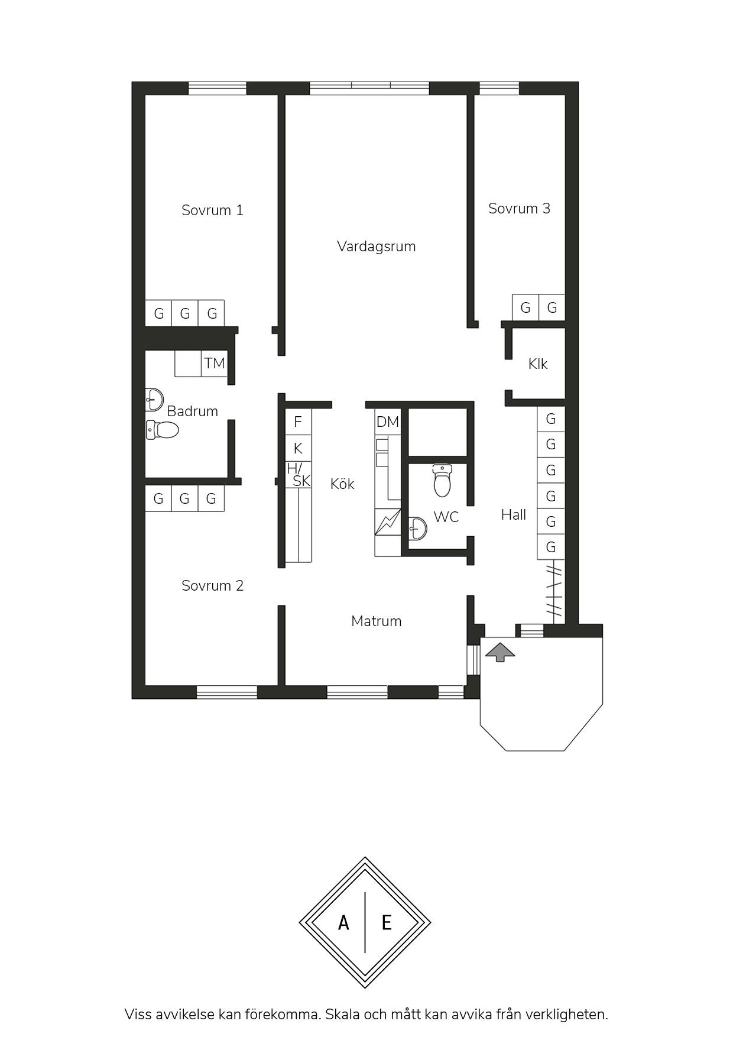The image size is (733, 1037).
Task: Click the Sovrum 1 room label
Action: pyautogui.click(x=212, y=210)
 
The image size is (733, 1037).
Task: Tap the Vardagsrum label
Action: pyautogui.click(x=377, y=247)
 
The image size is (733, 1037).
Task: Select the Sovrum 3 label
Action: pyautogui.click(x=519, y=209)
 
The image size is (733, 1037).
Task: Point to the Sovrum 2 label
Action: pyautogui.click(x=212, y=586)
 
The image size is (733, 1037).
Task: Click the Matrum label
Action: pyautogui.click(x=377, y=621)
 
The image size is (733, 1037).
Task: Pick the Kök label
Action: pyautogui.click(x=342, y=484)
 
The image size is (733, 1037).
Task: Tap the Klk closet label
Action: pyautogui.click(x=538, y=364)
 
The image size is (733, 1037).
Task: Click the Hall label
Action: pyautogui.click(x=514, y=515)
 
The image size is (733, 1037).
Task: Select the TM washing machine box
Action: pyautogui.click(x=214, y=363)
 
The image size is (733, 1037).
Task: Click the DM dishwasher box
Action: pyautogui.click(x=388, y=422)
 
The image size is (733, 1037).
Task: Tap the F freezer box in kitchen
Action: pyautogui.click(x=298, y=422)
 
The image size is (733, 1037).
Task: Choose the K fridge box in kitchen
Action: pyautogui.click(x=298, y=448)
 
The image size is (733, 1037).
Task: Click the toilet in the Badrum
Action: pyautogui.click(x=163, y=430)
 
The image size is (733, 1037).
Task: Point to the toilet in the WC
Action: pyautogui.click(x=442, y=480)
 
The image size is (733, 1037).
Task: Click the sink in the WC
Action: pyautogui.click(x=417, y=528)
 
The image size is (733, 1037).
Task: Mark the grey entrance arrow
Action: pyautogui.click(x=500, y=651)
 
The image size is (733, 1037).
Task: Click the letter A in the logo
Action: pyautogui.click(x=343, y=922)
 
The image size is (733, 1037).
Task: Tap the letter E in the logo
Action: pyautogui.click(x=387, y=922)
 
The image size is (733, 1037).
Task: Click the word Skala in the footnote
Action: pyautogui.click(x=344, y=1015)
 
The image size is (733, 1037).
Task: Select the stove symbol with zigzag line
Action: pyautogui.click(x=388, y=523)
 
